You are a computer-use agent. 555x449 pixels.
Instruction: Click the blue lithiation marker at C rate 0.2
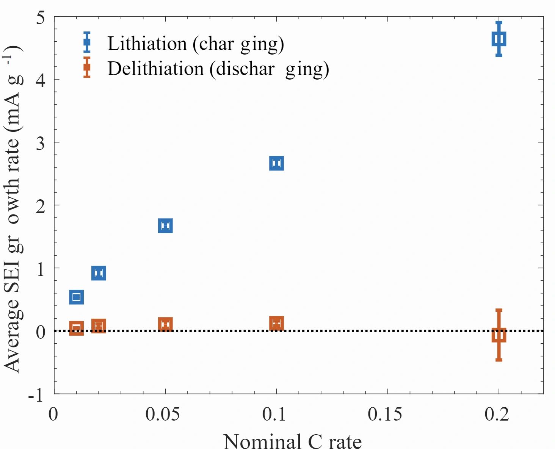(x=499, y=39)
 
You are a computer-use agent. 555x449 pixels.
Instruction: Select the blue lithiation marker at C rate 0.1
(x=277, y=163)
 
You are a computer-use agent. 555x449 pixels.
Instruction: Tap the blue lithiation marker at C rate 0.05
(x=165, y=226)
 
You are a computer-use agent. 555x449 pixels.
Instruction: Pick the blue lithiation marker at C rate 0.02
(x=99, y=273)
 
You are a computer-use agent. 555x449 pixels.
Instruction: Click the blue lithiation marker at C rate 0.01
(x=77, y=297)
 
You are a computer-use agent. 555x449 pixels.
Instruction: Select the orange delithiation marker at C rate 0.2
(x=499, y=335)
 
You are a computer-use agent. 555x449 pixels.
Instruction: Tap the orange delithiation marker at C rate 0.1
(x=277, y=324)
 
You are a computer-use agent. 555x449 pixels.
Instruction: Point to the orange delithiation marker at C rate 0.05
(x=165, y=325)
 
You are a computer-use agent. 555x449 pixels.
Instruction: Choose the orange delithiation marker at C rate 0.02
(x=99, y=326)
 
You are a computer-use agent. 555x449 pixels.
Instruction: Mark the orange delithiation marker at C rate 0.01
(x=77, y=328)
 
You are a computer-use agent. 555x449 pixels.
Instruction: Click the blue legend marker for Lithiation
(x=87, y=42)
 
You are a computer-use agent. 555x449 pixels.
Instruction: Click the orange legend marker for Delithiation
(x=87, y=67)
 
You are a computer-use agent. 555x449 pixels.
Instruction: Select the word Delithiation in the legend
(x=156, y=69)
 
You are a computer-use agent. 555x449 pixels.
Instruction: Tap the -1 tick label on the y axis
(x=36, y=395)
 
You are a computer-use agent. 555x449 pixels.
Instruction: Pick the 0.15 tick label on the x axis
(x=385, y=414)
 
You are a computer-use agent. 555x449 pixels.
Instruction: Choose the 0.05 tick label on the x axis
(x=163, y=414)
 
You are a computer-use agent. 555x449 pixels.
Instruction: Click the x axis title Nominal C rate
(x=292, y=441)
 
